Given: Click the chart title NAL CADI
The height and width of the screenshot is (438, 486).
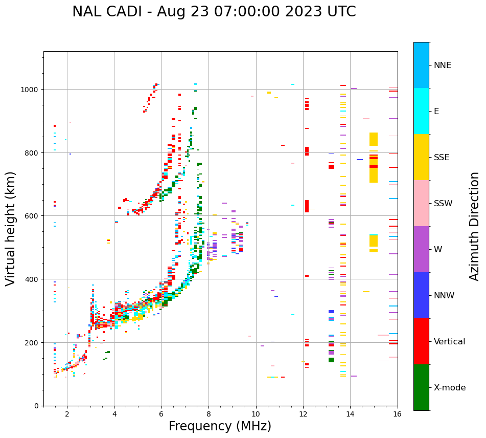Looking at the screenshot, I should (x=214, y=12).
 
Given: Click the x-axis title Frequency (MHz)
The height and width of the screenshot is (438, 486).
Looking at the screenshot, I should (x=220, y=427).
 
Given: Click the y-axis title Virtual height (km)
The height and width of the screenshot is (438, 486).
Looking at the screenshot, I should (x=11, y=229).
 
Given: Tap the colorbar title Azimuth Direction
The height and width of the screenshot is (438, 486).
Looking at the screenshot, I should (x=475, y=226).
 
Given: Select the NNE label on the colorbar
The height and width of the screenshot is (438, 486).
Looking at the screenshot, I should (x=443, y=65).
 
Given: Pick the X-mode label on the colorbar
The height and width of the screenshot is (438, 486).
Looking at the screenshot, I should (x=450, y=388).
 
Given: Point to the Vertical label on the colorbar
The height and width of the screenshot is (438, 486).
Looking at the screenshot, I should (x=450, y=342).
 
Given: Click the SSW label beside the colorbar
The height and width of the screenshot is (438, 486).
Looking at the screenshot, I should (x=443, y=204).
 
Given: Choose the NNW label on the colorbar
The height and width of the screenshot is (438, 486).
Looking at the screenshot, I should (x=445, y=296).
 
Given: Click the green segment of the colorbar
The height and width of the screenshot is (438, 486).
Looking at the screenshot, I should (x=421, y=387).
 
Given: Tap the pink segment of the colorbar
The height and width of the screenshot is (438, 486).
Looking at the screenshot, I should (x=421, y=203).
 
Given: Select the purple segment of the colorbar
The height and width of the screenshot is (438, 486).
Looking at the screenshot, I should (x=421, y=249).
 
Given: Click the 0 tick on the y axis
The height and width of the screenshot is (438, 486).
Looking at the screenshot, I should (x=38, y=406).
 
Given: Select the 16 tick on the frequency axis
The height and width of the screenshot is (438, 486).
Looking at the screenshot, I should (x=398, y=414).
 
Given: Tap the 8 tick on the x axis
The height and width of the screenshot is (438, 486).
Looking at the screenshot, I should (x=209, y=414).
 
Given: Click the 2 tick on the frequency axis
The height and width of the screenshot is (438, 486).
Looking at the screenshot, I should (x=67, y=414).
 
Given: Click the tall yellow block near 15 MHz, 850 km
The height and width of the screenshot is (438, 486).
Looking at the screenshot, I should (x=374, y=139).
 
